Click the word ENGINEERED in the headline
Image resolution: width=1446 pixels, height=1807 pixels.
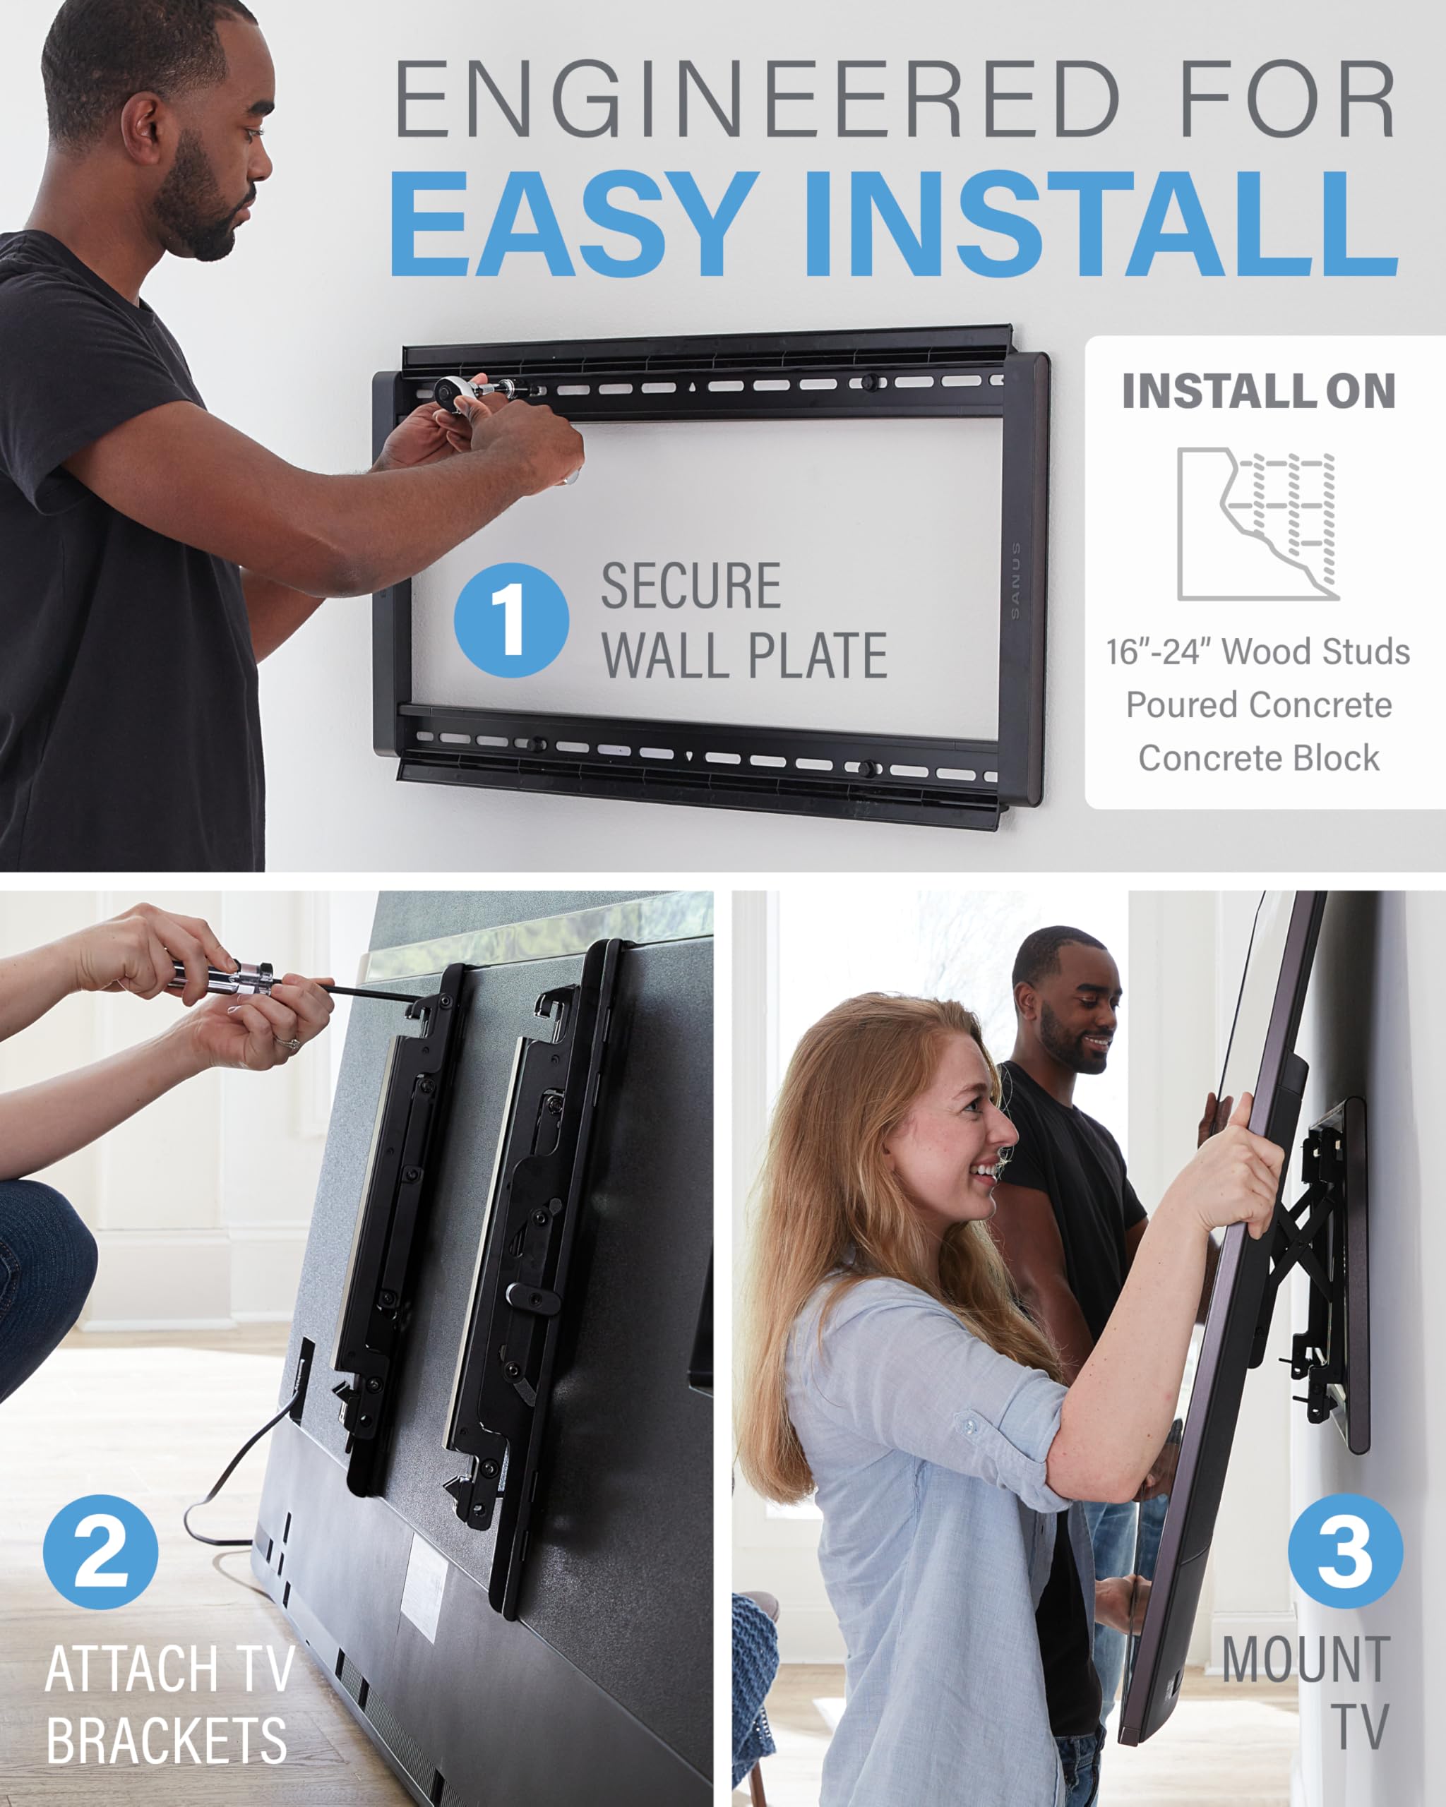click(x=757, y=99)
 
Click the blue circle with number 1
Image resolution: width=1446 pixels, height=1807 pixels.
click(x=511, y=620)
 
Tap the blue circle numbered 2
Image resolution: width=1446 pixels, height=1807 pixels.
click(x=100, y=1552)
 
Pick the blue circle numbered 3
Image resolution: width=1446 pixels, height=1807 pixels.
click(x=1344, y=1551)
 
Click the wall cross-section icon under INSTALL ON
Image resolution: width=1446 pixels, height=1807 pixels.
click(x=1257, y=524)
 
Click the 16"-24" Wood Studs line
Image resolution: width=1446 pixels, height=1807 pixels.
click(x=1257, y=652)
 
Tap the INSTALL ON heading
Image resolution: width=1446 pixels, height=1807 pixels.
click(x=1258, y=392)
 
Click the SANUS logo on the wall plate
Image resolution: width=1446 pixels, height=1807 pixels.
click(x=1016, y=580)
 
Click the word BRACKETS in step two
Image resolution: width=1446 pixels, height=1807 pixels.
click(x=167, y=1741)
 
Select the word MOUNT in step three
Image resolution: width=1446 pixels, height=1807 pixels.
click(x=1306, y=1659)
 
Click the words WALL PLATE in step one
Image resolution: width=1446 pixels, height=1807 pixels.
click(x=744, y=656)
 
